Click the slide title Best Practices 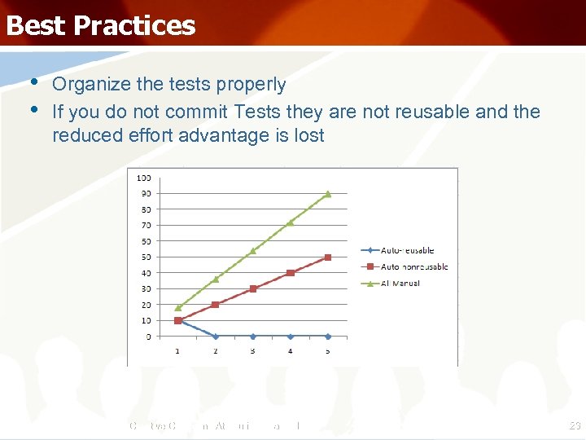tap(101, 25)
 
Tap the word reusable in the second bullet tap(431, 112)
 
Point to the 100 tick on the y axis tap(143, 178)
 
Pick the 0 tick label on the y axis tap(147, 337)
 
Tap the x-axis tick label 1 tap(177, 351)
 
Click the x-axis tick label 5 tap(328, 351)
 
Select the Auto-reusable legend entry tap(407, 251)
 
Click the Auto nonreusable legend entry tap(413, 266)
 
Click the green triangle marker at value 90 tap(328, 194)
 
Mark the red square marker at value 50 tap(328, 257)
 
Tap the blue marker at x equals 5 tap(328, 336)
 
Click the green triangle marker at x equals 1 tap(177, 308)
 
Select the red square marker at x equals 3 tap(253, 288)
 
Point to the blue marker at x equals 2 tap(216, 336)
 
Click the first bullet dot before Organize tap(34, 83)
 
